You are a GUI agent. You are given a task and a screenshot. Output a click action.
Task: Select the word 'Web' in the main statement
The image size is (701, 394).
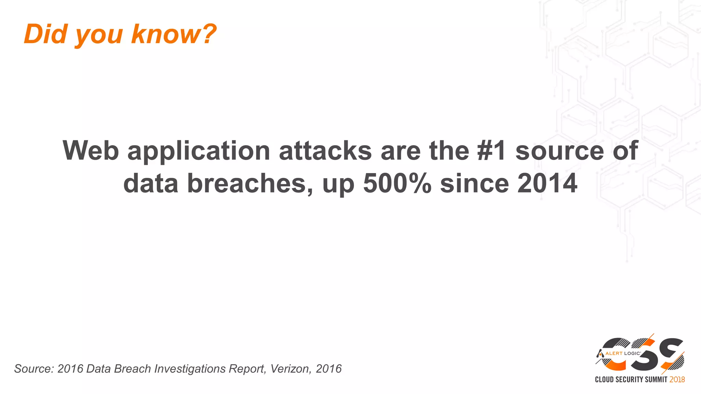(91, 150)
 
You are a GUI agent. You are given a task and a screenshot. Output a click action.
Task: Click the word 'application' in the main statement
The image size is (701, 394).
(199, 151)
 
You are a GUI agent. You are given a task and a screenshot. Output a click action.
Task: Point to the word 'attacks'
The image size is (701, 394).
(325, 150)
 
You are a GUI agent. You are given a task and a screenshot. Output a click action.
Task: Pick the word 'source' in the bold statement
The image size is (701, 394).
(560, 150)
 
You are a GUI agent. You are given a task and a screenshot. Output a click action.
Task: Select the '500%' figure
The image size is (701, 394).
(397, 183)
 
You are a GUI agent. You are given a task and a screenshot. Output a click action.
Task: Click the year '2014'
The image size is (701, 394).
(547, 183)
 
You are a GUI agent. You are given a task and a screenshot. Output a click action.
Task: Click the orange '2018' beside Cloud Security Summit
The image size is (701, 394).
(677, 379)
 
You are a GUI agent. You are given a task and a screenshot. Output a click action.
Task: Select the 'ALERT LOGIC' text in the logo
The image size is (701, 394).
(623, 353)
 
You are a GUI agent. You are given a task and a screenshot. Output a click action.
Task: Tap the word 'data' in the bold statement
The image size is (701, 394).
(151, 183)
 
